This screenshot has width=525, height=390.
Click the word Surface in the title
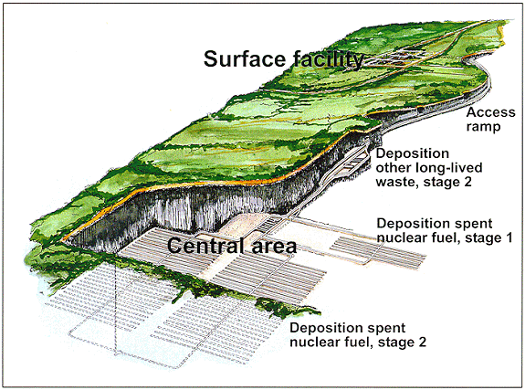click(x=245, y=58)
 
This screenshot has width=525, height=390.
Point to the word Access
click(x=490, y=112)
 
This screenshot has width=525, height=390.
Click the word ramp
click(x=484, y=127)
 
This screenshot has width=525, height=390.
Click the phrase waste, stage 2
click(x=424, y=182)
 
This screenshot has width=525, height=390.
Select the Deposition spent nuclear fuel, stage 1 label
click(x=445, y=230)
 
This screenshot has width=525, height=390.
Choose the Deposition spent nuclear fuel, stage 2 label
click(x=358, y=334)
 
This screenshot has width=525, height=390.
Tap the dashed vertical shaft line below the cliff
click(x=116, y=308)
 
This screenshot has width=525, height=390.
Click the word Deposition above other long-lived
click(x=412, y=153)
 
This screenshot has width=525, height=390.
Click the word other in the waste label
click(x=394, y=167)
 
